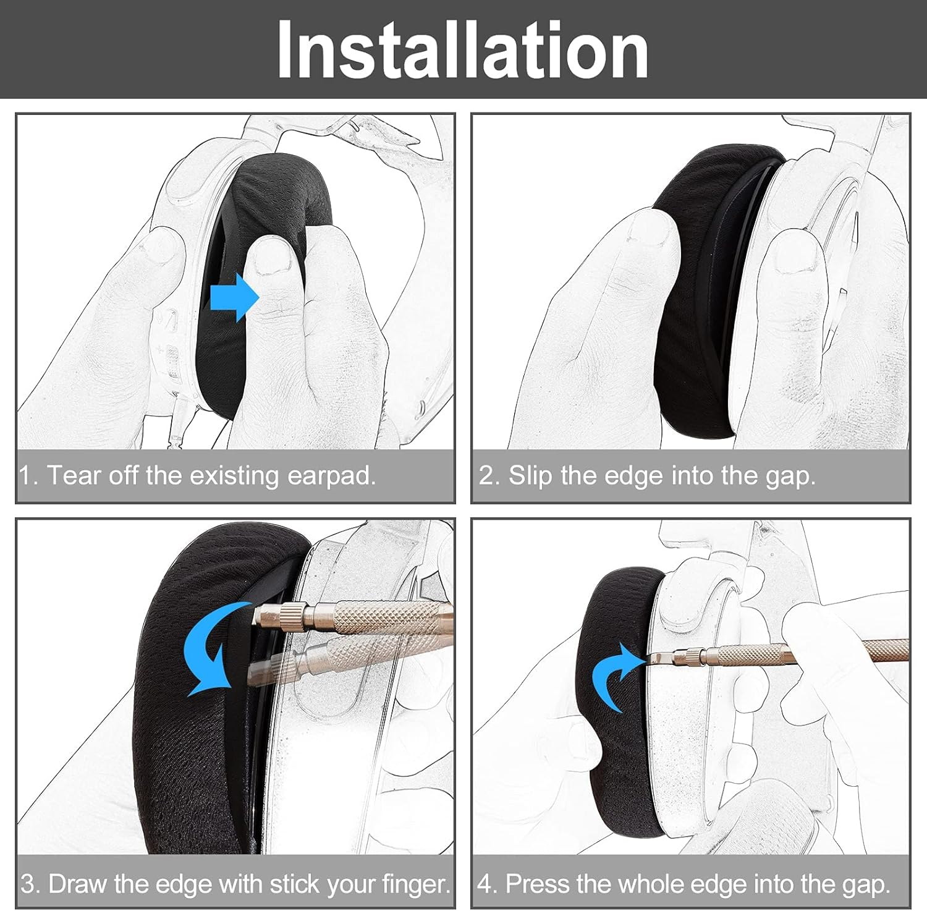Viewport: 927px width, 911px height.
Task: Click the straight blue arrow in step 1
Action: pyautogui.click(x=234, y=297)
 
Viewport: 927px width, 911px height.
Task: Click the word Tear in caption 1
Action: pyautogui.click(x=72, y=476)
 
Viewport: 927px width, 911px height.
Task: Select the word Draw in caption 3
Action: pyautogui.click(x=77, y=884)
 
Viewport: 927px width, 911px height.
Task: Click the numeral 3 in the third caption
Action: pyautogui.click(x=28, y=884)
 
